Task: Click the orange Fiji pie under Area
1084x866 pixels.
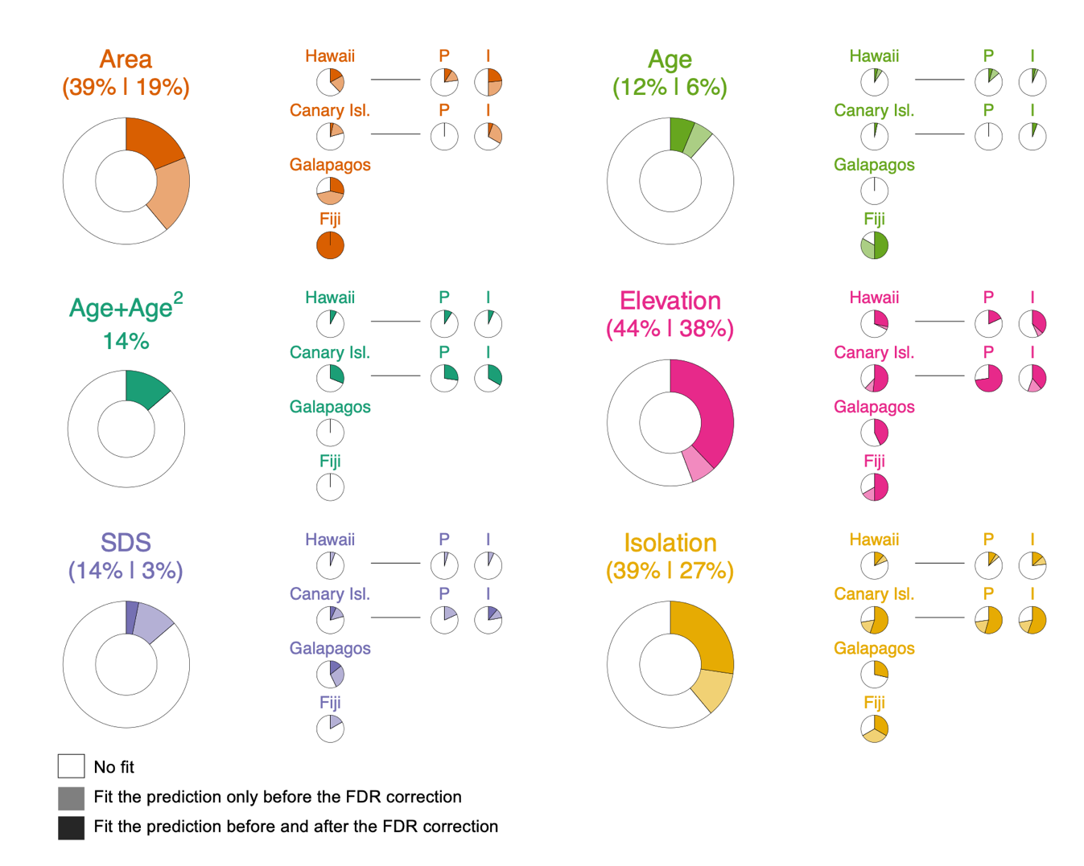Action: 330,245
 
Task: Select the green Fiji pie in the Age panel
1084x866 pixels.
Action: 874,245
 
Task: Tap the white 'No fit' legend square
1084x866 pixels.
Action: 71,766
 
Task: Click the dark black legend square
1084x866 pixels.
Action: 71,827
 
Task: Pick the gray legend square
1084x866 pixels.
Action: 71,798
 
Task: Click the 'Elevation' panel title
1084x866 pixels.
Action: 670,301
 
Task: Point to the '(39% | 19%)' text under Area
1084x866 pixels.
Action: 126,87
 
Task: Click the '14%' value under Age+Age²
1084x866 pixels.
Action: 126,342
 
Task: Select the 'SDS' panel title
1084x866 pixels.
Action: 126,543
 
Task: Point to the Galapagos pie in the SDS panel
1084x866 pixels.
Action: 330,674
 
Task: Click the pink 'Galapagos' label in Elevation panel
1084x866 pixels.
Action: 874,407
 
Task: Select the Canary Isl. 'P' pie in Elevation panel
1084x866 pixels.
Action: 988,378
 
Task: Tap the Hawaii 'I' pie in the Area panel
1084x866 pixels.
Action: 488,82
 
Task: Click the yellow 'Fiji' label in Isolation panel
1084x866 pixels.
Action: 874,703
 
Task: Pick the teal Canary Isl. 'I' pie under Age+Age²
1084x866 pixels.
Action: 488,378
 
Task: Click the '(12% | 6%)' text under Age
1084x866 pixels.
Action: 670,87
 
